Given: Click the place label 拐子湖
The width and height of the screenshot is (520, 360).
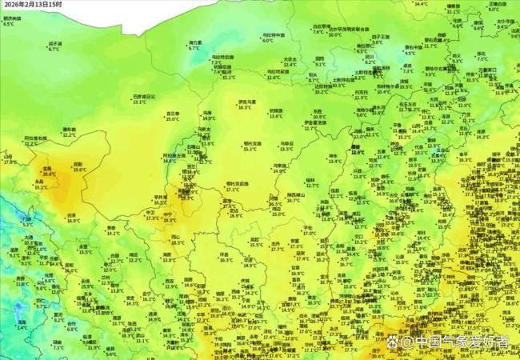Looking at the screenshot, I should [54, 43].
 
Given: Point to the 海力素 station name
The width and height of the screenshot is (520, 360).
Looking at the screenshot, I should [194, 42].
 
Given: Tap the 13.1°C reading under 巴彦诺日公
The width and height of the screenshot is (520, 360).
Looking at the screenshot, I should [140, 102].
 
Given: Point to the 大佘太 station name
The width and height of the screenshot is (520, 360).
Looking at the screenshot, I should [291, 58].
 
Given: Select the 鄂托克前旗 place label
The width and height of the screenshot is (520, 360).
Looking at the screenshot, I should [238, 184].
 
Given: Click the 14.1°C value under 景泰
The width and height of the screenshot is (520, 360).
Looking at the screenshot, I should [113, 234].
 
